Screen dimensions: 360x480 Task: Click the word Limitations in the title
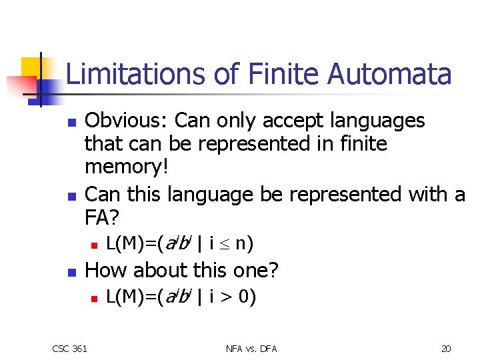click(x=136, y=74)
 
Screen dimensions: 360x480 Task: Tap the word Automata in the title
click(x=389, y=74)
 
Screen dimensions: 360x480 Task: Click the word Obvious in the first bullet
click(x=127, y=121)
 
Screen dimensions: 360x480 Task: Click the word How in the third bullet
click(x=104, y=270)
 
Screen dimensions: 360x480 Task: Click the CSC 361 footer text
click(x=70, y=348)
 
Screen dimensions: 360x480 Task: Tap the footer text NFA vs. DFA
click(x=251, y=348)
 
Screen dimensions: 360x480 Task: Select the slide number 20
click(x=446, y=348)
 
